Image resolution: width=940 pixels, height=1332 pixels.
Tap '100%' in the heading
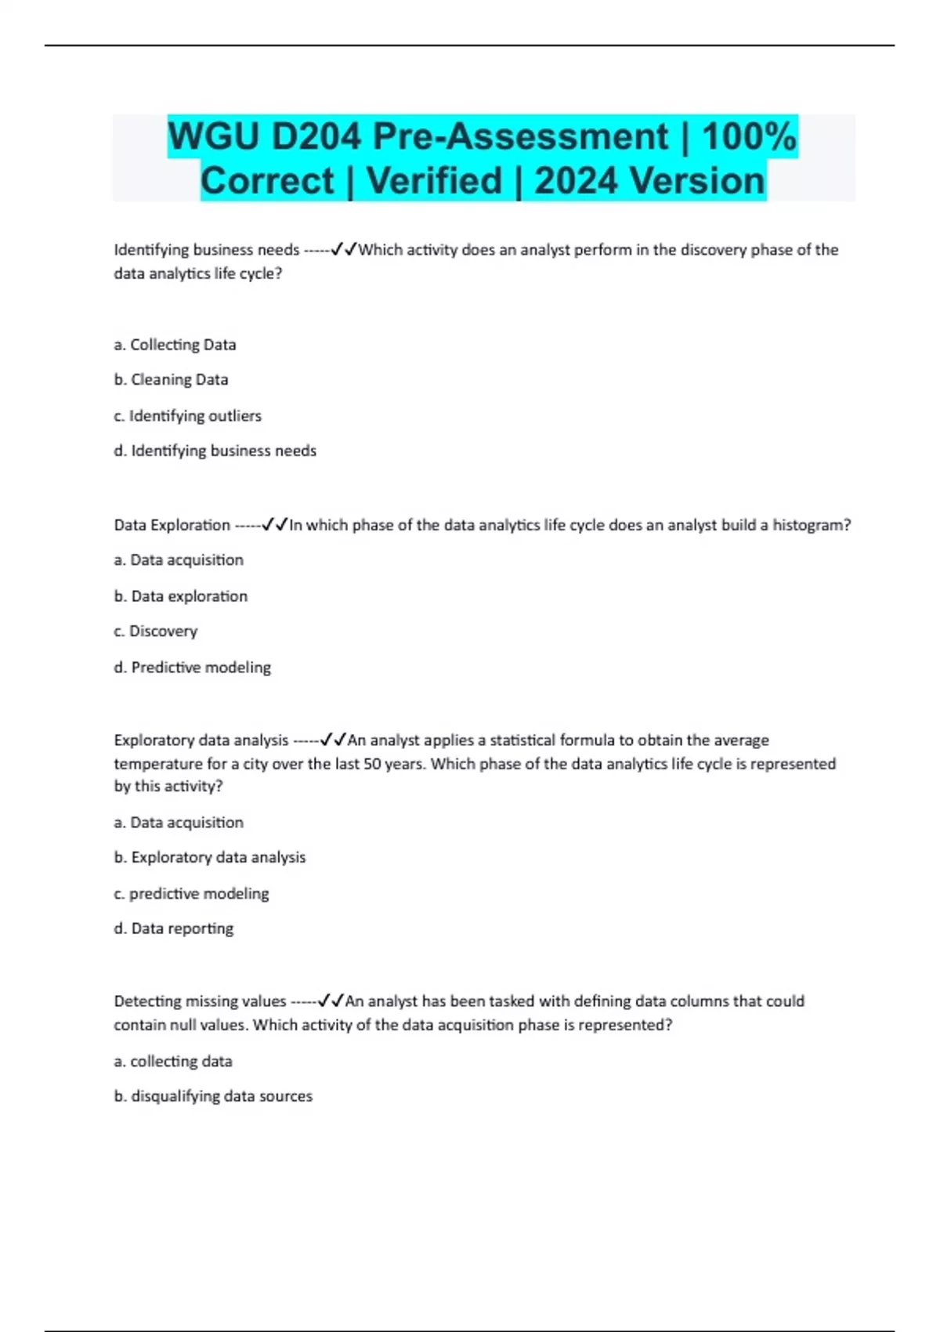[749, 137]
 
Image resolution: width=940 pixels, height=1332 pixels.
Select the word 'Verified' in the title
[434, 181]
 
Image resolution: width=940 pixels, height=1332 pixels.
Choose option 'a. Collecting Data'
[175, 345]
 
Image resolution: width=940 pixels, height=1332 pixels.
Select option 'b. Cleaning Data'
[171, 380]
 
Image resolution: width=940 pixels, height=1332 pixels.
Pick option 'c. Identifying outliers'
[187, 416]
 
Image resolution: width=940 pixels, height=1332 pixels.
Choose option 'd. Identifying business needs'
[215, 451]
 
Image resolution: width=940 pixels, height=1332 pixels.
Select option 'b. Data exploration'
[180, 596]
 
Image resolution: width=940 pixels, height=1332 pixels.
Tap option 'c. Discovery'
[155, 632]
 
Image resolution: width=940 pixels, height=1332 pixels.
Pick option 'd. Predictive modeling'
[192, 668]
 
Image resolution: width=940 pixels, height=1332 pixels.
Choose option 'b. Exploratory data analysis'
[209, 858]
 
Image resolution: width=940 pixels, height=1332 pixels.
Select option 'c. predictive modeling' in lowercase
[191, 894]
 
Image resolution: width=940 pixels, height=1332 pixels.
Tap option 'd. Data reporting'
[173, 929]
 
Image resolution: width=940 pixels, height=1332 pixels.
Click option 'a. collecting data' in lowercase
[173, 1062]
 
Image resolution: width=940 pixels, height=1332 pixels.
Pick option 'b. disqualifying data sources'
[213, 1097]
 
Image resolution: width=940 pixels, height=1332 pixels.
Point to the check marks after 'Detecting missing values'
[331, 1001]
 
